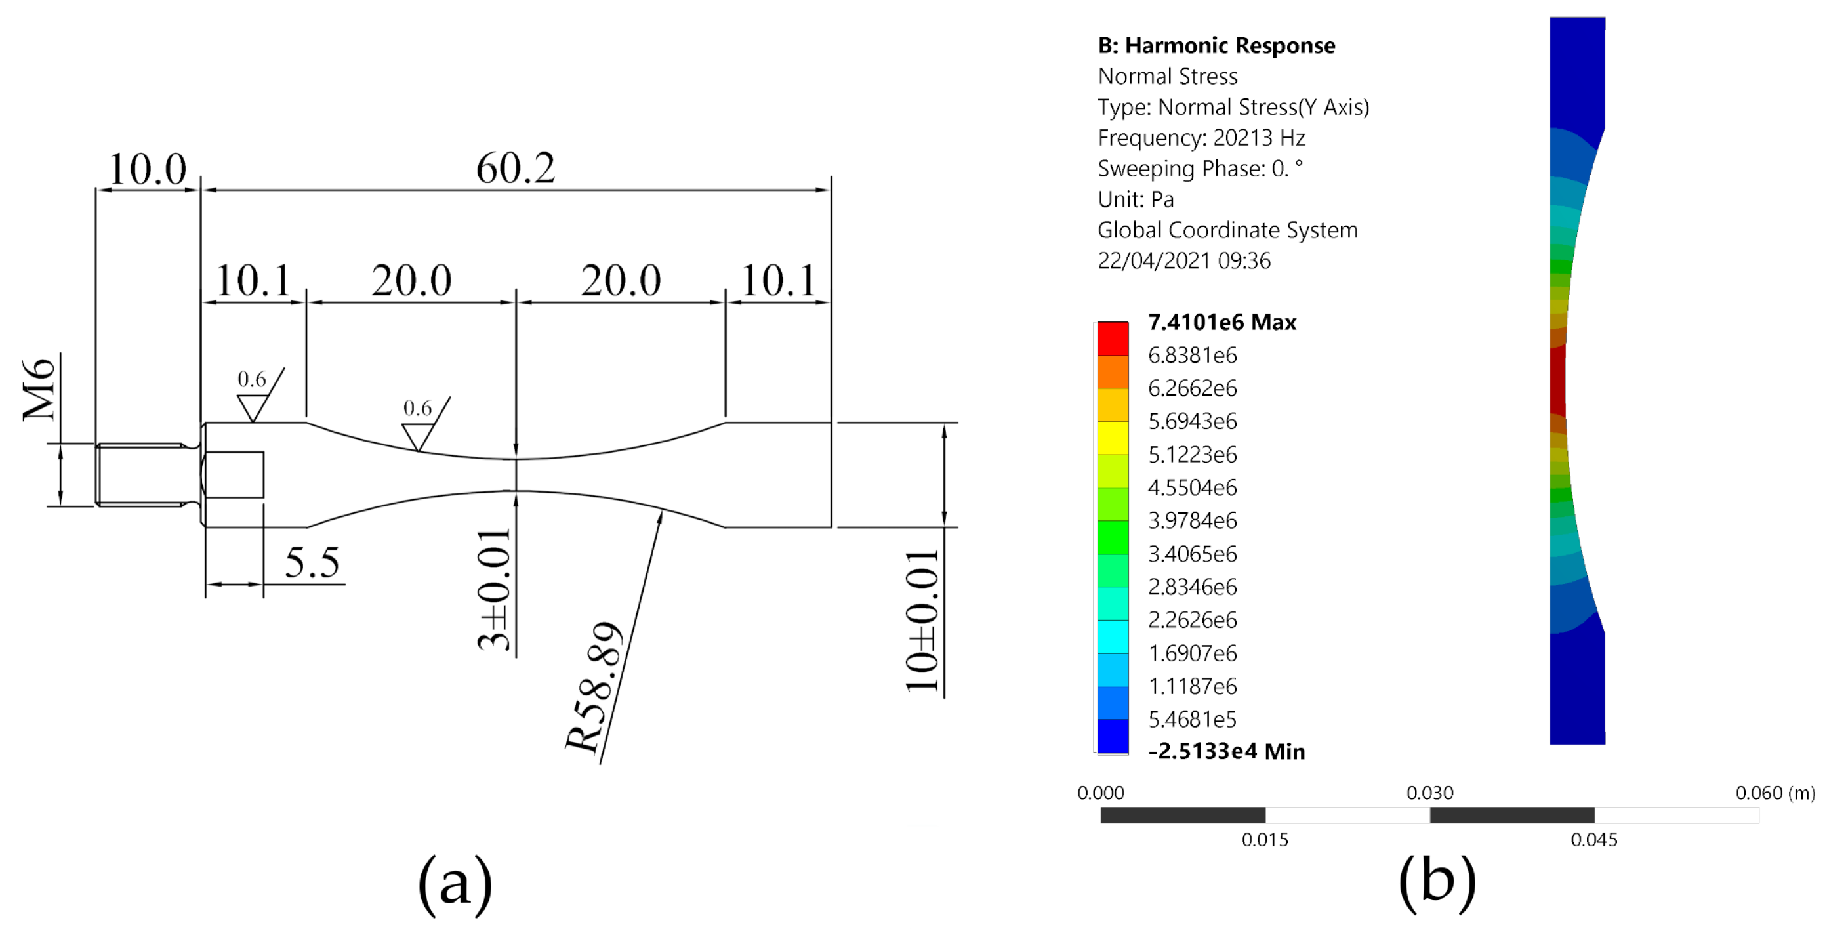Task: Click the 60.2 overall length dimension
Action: (515, 169)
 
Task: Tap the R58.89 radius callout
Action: (594, 686)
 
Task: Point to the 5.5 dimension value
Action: (312, 563)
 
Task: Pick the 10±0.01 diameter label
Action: (922, 621)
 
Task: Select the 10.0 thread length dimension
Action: (147, 169)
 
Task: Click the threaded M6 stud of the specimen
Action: (140, 474)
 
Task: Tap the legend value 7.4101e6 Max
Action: (1221, 323)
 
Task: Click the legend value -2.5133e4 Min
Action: (1226, 751)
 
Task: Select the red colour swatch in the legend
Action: (1113, 339)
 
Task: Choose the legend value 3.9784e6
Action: (1192, 520)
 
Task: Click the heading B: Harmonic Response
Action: (1216, 46)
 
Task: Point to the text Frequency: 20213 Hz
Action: (1201, 138)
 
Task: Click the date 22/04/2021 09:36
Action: (1183, 261)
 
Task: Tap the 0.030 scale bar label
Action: (1430, 793)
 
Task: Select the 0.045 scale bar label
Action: (1593, 840)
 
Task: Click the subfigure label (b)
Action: (1437, 882)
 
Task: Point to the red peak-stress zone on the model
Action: (1557, 383)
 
